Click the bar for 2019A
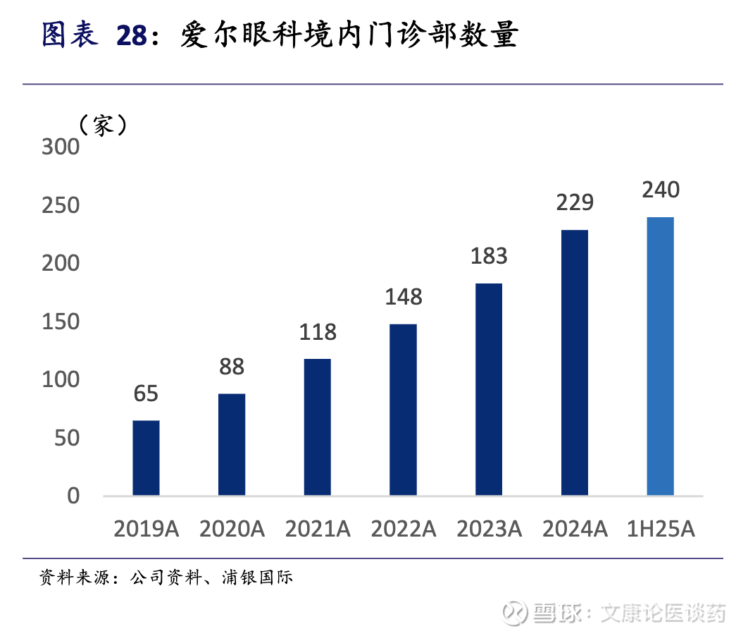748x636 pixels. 146,458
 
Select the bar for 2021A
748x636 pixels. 318,427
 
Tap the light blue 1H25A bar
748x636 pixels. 661,356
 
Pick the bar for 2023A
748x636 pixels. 489,389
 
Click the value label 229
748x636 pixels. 575,203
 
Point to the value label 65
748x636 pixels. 146,393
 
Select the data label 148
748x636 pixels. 404,297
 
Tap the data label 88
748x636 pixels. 232,367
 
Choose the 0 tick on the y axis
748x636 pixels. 74,496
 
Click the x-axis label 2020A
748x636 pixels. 232,530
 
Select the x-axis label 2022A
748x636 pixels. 404,530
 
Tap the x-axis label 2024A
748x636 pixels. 575,530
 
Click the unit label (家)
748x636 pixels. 103,126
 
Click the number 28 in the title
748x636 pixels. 132,35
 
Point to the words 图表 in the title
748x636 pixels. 70,35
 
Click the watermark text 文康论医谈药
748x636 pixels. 663,612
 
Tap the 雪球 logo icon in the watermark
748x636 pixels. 516,612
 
